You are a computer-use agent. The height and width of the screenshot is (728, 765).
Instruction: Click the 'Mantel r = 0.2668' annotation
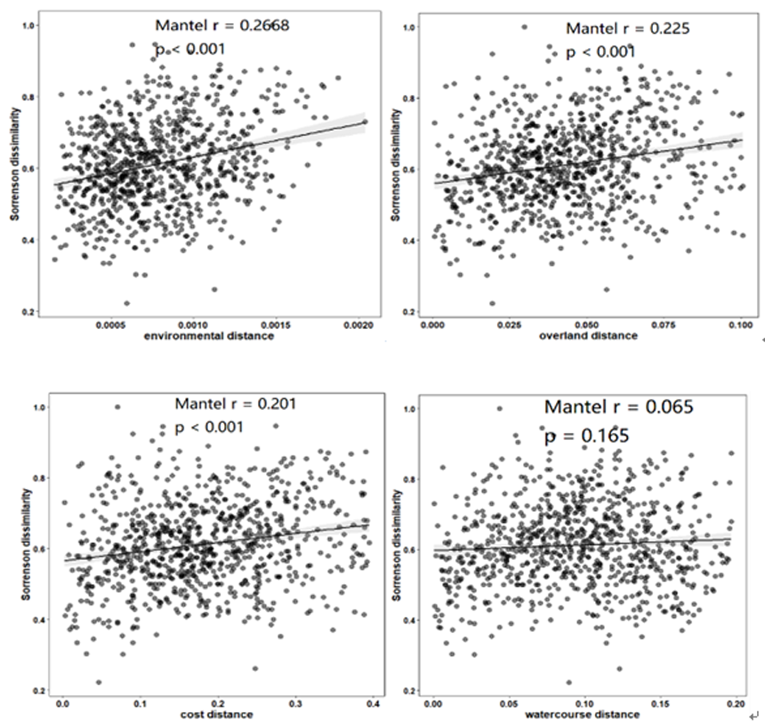(x=221, y=25)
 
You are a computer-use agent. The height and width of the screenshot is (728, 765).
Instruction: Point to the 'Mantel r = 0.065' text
(x=619, y=407)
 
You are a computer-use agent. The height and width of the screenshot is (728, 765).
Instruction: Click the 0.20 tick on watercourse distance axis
(x=734, y=704)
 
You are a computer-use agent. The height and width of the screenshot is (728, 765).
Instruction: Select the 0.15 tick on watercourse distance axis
(x=659, y=704)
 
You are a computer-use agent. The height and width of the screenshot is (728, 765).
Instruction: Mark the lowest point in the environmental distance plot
(x=126, y=303)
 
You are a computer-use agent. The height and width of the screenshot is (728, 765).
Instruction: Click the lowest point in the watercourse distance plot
(x=569, y=683)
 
